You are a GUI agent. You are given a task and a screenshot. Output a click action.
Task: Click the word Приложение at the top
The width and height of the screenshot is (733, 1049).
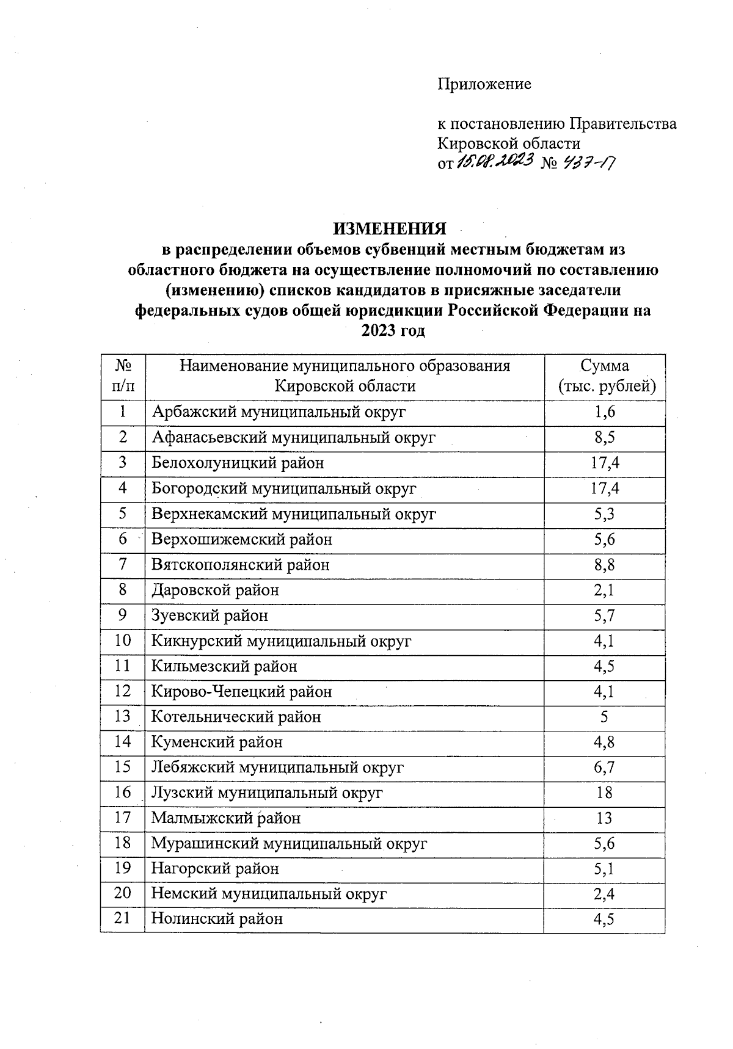pyautogui.click(x=484, y=84)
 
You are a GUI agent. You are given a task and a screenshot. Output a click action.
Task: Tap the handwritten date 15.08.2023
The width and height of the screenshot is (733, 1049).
pyautogui.click(x=494, y=161)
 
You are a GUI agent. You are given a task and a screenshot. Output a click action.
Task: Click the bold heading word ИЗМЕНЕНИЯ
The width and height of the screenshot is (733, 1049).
pyautogui.click(x=389, y=229)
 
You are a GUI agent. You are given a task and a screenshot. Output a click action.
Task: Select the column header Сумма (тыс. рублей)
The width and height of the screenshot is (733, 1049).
pyautogui.click(x=604, y=376)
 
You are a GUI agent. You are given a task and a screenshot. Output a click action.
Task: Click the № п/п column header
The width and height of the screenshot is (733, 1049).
pyautogui.click(x=123, y=376)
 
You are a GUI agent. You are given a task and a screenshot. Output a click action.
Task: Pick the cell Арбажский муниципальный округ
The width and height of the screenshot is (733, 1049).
pyautogui.click(x=279, y=412)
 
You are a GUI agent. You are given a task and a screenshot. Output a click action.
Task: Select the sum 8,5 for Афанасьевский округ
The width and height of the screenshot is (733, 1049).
pyautogui.click(x=604, y=438)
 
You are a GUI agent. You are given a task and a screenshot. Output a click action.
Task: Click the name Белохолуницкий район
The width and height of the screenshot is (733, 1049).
pyautogui.click(x=238, y=463)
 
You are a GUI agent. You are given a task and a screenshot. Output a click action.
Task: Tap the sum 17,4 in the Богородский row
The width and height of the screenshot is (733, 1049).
pyautogui.click(x=604, y=488)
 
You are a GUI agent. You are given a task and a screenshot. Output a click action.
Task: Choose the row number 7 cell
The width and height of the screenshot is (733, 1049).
pyautogui.click(x=123, y=565)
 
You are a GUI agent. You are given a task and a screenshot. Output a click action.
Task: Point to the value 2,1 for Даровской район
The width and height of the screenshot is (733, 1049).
pyautogui.click(x=604, y=590)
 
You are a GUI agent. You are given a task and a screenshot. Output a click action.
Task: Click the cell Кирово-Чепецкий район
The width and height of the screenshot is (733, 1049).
pyautogui.click(x=242, y=692)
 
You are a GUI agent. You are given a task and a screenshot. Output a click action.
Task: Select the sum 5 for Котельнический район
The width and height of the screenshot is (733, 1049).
pyautogui.click(x=604, y=717)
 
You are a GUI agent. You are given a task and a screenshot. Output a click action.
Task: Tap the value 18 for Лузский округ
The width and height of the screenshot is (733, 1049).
pyautogui.click(x=604, y=793)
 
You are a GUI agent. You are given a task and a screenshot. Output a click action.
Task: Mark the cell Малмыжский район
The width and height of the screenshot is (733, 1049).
pyautogui.click(x=226, y=818)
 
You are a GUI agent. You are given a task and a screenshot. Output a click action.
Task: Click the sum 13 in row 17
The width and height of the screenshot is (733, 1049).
pyautogui.click(x=604, y=818)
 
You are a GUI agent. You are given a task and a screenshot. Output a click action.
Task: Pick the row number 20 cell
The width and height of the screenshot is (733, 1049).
pyautogui.click(x=123, y=894)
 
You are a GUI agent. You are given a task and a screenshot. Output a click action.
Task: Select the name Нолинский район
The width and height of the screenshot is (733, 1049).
pyautogui.click(x=217, y=919)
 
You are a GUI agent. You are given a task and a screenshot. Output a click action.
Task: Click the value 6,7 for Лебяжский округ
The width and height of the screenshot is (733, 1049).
pyautogui.click(x=604, y=768)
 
